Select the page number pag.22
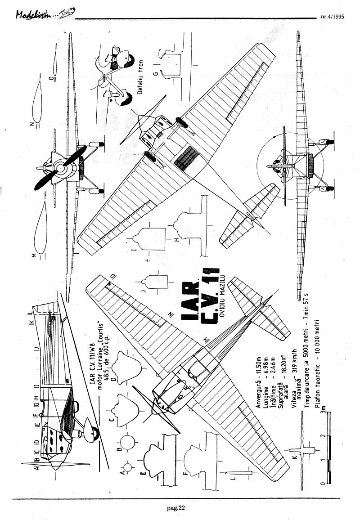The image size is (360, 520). [x=175, y=508]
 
